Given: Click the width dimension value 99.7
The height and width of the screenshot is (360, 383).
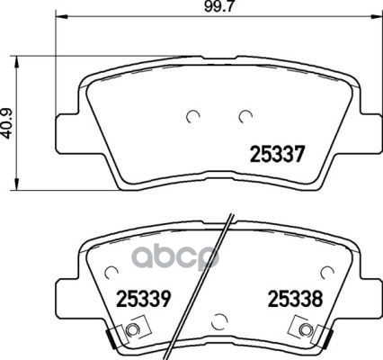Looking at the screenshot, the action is click(218, 6).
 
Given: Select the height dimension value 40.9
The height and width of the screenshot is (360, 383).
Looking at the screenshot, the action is click(8, 123).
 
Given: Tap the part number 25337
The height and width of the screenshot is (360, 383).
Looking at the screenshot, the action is click(277, 154).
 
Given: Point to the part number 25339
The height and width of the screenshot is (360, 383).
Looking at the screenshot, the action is click(144, 299).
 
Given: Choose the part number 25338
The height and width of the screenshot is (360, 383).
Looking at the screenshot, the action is click(295, 299).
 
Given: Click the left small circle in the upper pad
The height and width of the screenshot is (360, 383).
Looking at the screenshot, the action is click(193, 116).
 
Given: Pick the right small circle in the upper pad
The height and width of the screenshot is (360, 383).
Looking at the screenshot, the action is click(245, 116).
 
